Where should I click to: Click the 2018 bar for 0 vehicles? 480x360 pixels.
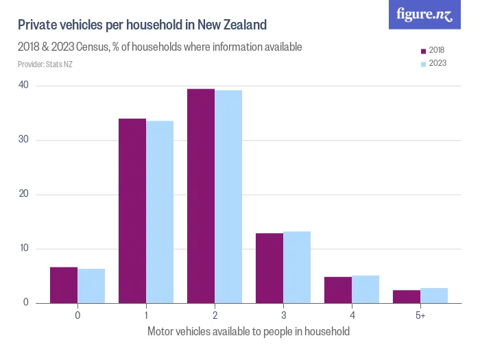[64, 285]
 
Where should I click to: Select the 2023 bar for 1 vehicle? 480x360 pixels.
[160, 212]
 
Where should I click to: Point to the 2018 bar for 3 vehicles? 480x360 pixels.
[269, 268]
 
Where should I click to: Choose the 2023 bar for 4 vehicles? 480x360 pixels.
[365, 289]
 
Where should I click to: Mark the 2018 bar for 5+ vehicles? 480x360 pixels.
[407, 296]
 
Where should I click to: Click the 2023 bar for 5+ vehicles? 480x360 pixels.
[434, 296]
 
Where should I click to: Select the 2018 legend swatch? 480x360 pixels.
[423, 51]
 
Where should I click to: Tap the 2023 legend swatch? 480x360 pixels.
[423, 63]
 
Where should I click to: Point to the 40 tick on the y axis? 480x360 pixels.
[24, 86]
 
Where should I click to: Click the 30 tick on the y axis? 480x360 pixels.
[24, 140]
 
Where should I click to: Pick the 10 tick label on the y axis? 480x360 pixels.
[24, 248]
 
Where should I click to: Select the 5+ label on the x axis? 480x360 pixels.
[420, 315]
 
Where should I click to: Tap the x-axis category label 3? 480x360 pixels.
[283, 315]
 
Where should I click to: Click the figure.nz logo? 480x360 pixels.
[424, 15]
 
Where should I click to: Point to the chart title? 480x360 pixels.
[142, 25]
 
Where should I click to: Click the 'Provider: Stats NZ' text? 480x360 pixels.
[45, 64]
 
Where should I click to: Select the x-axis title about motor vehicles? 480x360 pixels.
[248, 332]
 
